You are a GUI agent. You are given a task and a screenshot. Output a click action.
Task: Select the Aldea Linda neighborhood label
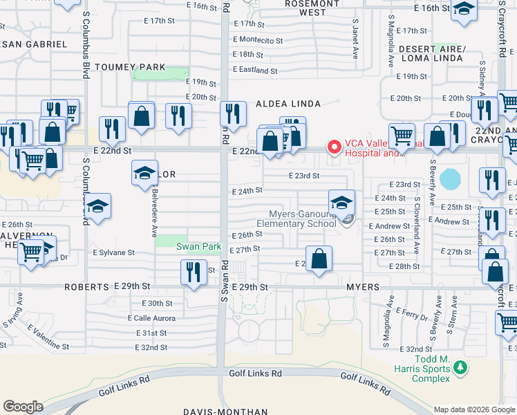pyautogui.click(x=288, y=104)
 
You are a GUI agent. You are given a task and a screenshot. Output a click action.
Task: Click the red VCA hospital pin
pyautogui.click(x=335, y=147)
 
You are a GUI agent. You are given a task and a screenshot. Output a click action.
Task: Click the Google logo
pyautogui.click(x=23, y=407)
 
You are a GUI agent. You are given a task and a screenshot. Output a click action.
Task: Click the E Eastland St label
pyautogui.click(x=255, y=70)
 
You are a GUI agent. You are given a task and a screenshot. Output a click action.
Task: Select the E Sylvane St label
pyautogui.click(x=114, y=252)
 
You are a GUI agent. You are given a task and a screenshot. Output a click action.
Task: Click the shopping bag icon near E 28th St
pyautogui.click(x=319, y=260)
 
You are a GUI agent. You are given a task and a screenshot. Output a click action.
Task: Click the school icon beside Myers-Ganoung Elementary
pyautogui.click(x=341, y=203)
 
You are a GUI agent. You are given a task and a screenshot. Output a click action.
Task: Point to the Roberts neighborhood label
pyautogui.click(x=87, y=286)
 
